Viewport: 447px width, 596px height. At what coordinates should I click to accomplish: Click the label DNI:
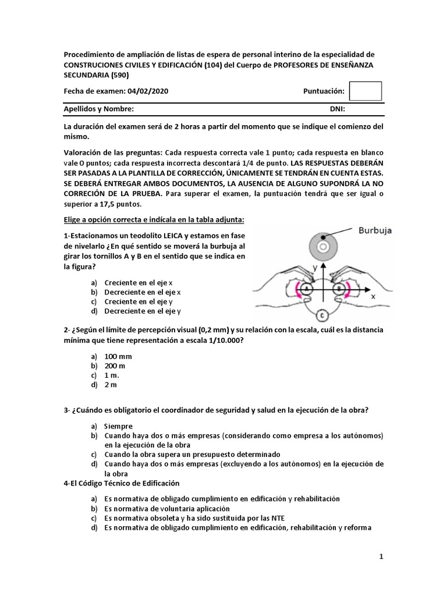point(338,109)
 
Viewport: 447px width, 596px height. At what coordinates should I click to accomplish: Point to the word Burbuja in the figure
point(375,230)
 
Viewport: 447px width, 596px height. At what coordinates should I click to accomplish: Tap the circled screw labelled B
point(338,288)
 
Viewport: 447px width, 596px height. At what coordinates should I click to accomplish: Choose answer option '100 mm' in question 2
point(118,356)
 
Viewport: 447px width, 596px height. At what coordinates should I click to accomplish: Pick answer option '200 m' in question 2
point(115,366)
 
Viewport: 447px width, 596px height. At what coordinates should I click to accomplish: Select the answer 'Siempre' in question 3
point(118,426)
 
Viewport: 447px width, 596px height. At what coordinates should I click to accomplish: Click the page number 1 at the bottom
point(381,557)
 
